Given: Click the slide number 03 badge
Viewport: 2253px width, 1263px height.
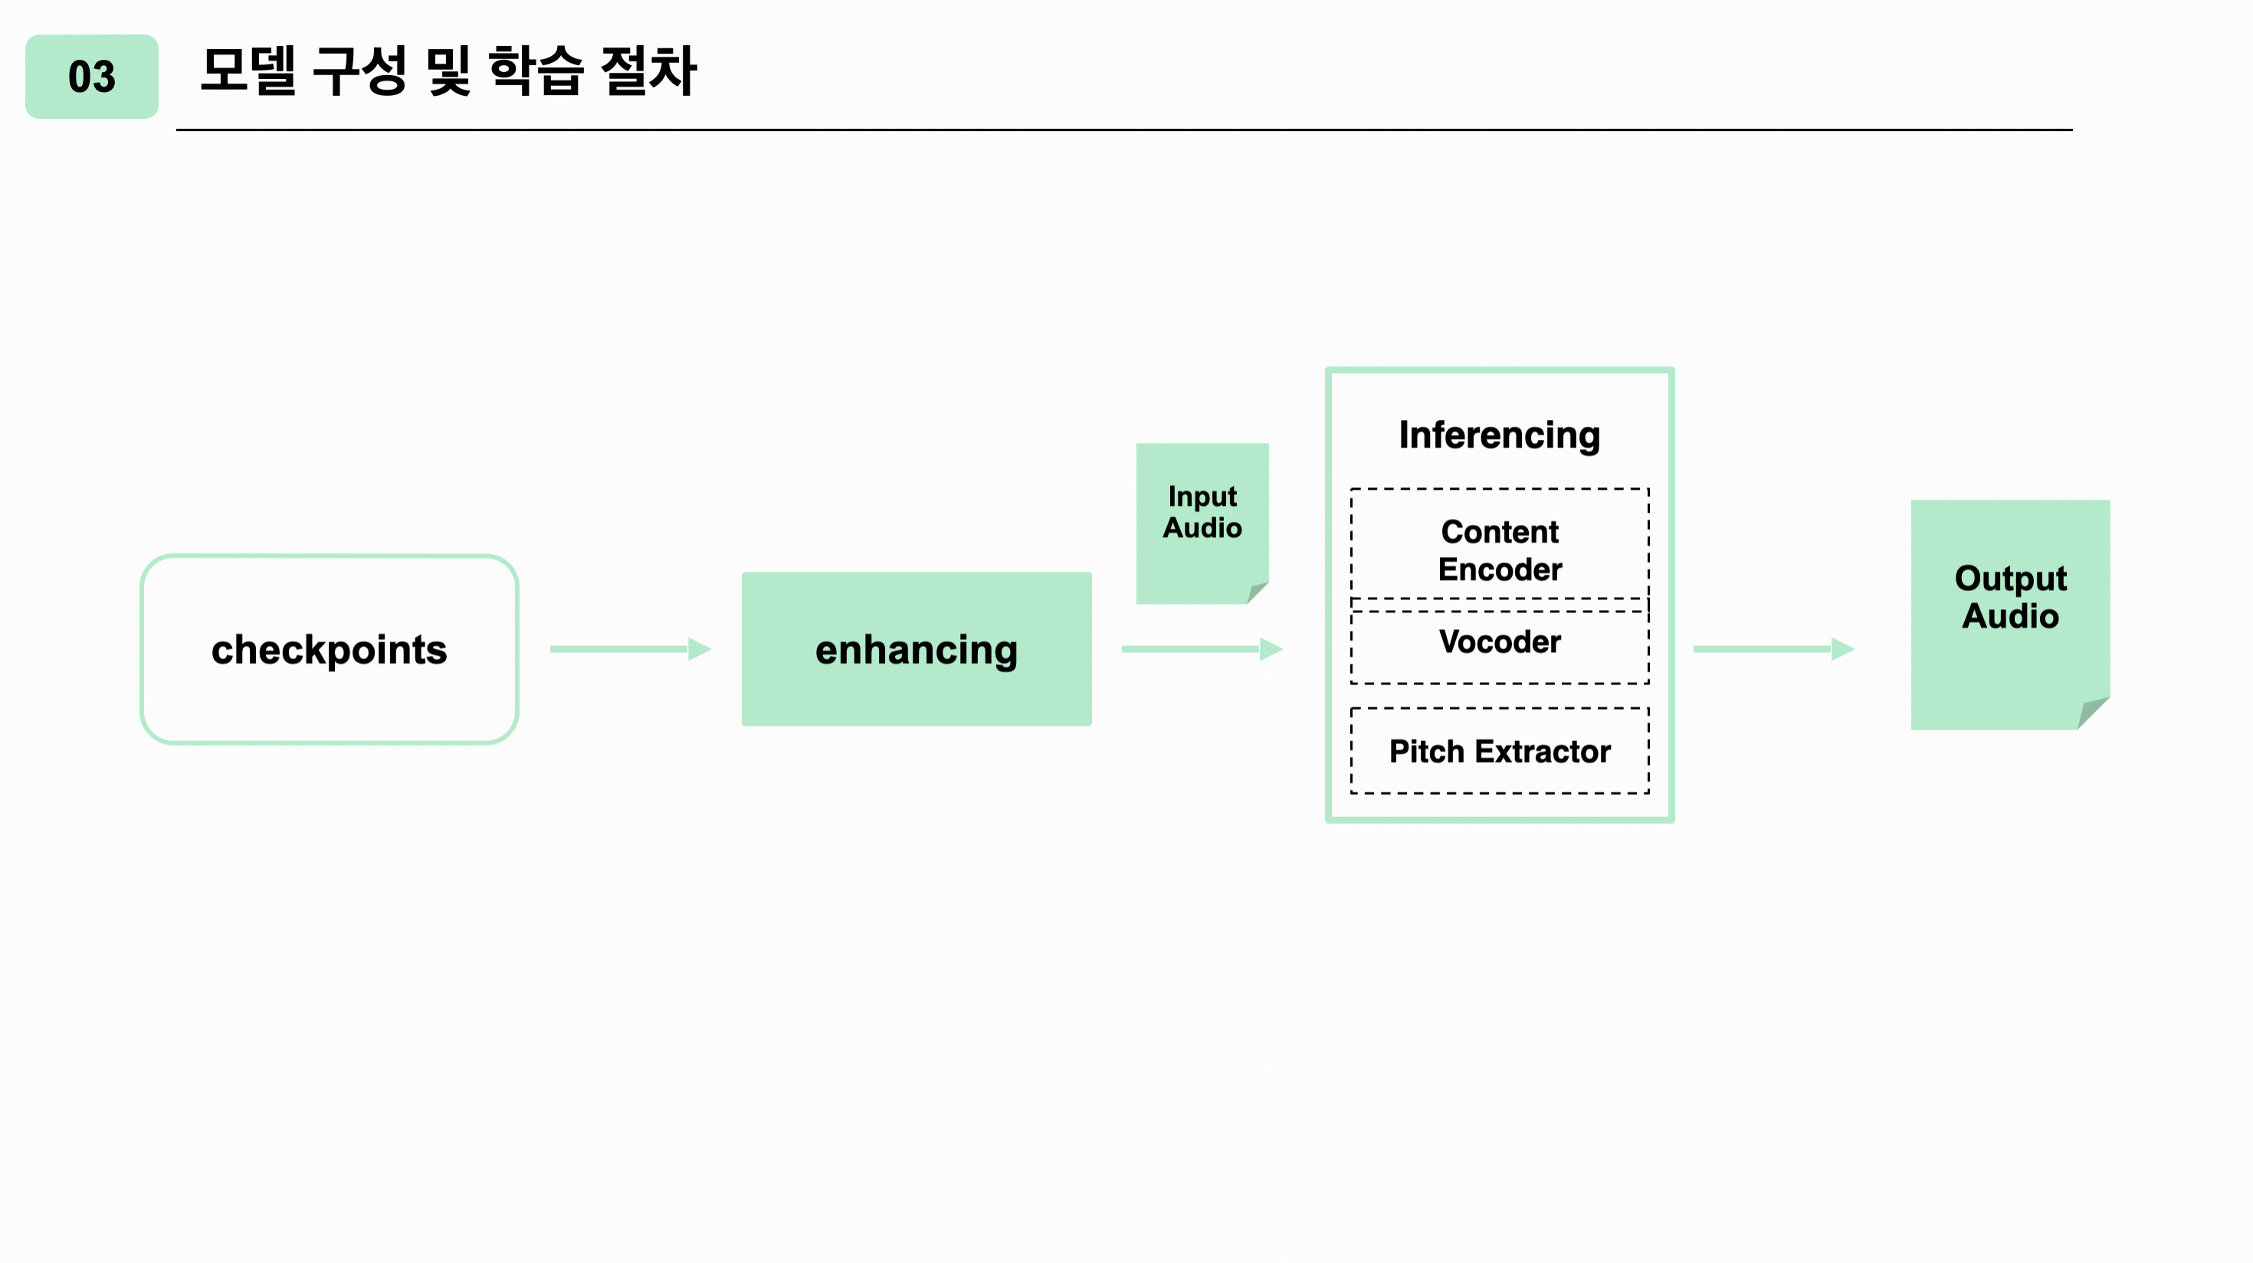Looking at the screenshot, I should (92, 77).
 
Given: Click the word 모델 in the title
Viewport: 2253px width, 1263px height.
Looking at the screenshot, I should (248, 71).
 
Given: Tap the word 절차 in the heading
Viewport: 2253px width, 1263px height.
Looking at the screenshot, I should (649, 71).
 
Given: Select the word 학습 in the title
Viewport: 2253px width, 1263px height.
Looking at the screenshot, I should (535, 71).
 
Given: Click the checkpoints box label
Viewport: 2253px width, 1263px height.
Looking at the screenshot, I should (329, 650).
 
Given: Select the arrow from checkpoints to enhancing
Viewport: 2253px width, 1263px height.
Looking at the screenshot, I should (630, 649).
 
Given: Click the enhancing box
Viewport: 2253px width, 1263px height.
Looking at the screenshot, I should (916, 650).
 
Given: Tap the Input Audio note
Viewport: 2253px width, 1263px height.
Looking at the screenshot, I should (1202, 513).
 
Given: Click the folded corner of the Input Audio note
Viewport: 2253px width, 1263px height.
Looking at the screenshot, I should (1257, 592).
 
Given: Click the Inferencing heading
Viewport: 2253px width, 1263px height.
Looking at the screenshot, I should (1499, 435).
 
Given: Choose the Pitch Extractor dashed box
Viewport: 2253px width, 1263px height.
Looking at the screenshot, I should (1499, 750).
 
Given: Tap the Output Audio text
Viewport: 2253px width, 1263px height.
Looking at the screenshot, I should (2010, 597).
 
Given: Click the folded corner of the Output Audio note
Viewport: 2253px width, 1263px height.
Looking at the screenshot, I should (2093, 712).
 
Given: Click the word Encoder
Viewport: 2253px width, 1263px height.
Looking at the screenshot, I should (1499, 569).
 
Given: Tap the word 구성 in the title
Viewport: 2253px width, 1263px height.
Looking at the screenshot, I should (359, 71).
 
